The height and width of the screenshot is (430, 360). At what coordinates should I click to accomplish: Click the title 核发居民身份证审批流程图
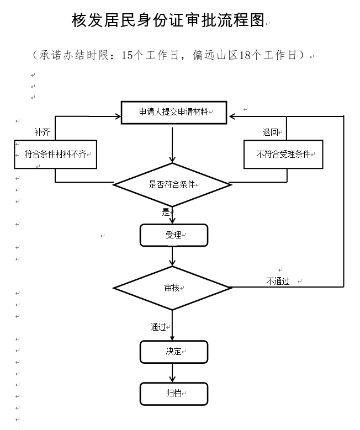point(168,21)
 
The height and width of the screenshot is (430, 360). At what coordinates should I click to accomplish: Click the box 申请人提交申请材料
point(173,112)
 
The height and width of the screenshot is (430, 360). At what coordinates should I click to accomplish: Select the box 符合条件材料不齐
point(55,155)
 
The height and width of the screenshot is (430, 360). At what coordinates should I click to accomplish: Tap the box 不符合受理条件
point(283,155)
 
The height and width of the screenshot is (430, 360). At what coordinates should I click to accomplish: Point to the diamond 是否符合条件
point(172,184)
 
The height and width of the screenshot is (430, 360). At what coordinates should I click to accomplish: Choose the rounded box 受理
point(173,235)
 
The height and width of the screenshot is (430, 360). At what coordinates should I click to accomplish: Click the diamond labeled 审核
point(172,288)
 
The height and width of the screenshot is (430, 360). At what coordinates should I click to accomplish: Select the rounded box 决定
point(173,352)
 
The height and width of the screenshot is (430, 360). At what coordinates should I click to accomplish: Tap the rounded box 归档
point(173,394)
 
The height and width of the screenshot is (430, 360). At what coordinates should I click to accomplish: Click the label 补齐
point(42,132)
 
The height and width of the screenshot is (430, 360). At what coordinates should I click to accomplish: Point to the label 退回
point(270,132)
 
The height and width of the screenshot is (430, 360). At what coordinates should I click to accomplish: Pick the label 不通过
point(278,281)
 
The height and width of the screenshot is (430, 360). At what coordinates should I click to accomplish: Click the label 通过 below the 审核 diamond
point(158,327)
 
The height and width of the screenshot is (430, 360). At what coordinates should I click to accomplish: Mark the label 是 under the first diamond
point(166,211)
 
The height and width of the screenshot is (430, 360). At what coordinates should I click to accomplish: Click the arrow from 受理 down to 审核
point(173,257)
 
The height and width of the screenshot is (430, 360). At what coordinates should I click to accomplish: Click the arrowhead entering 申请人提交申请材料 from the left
point(117,116)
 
